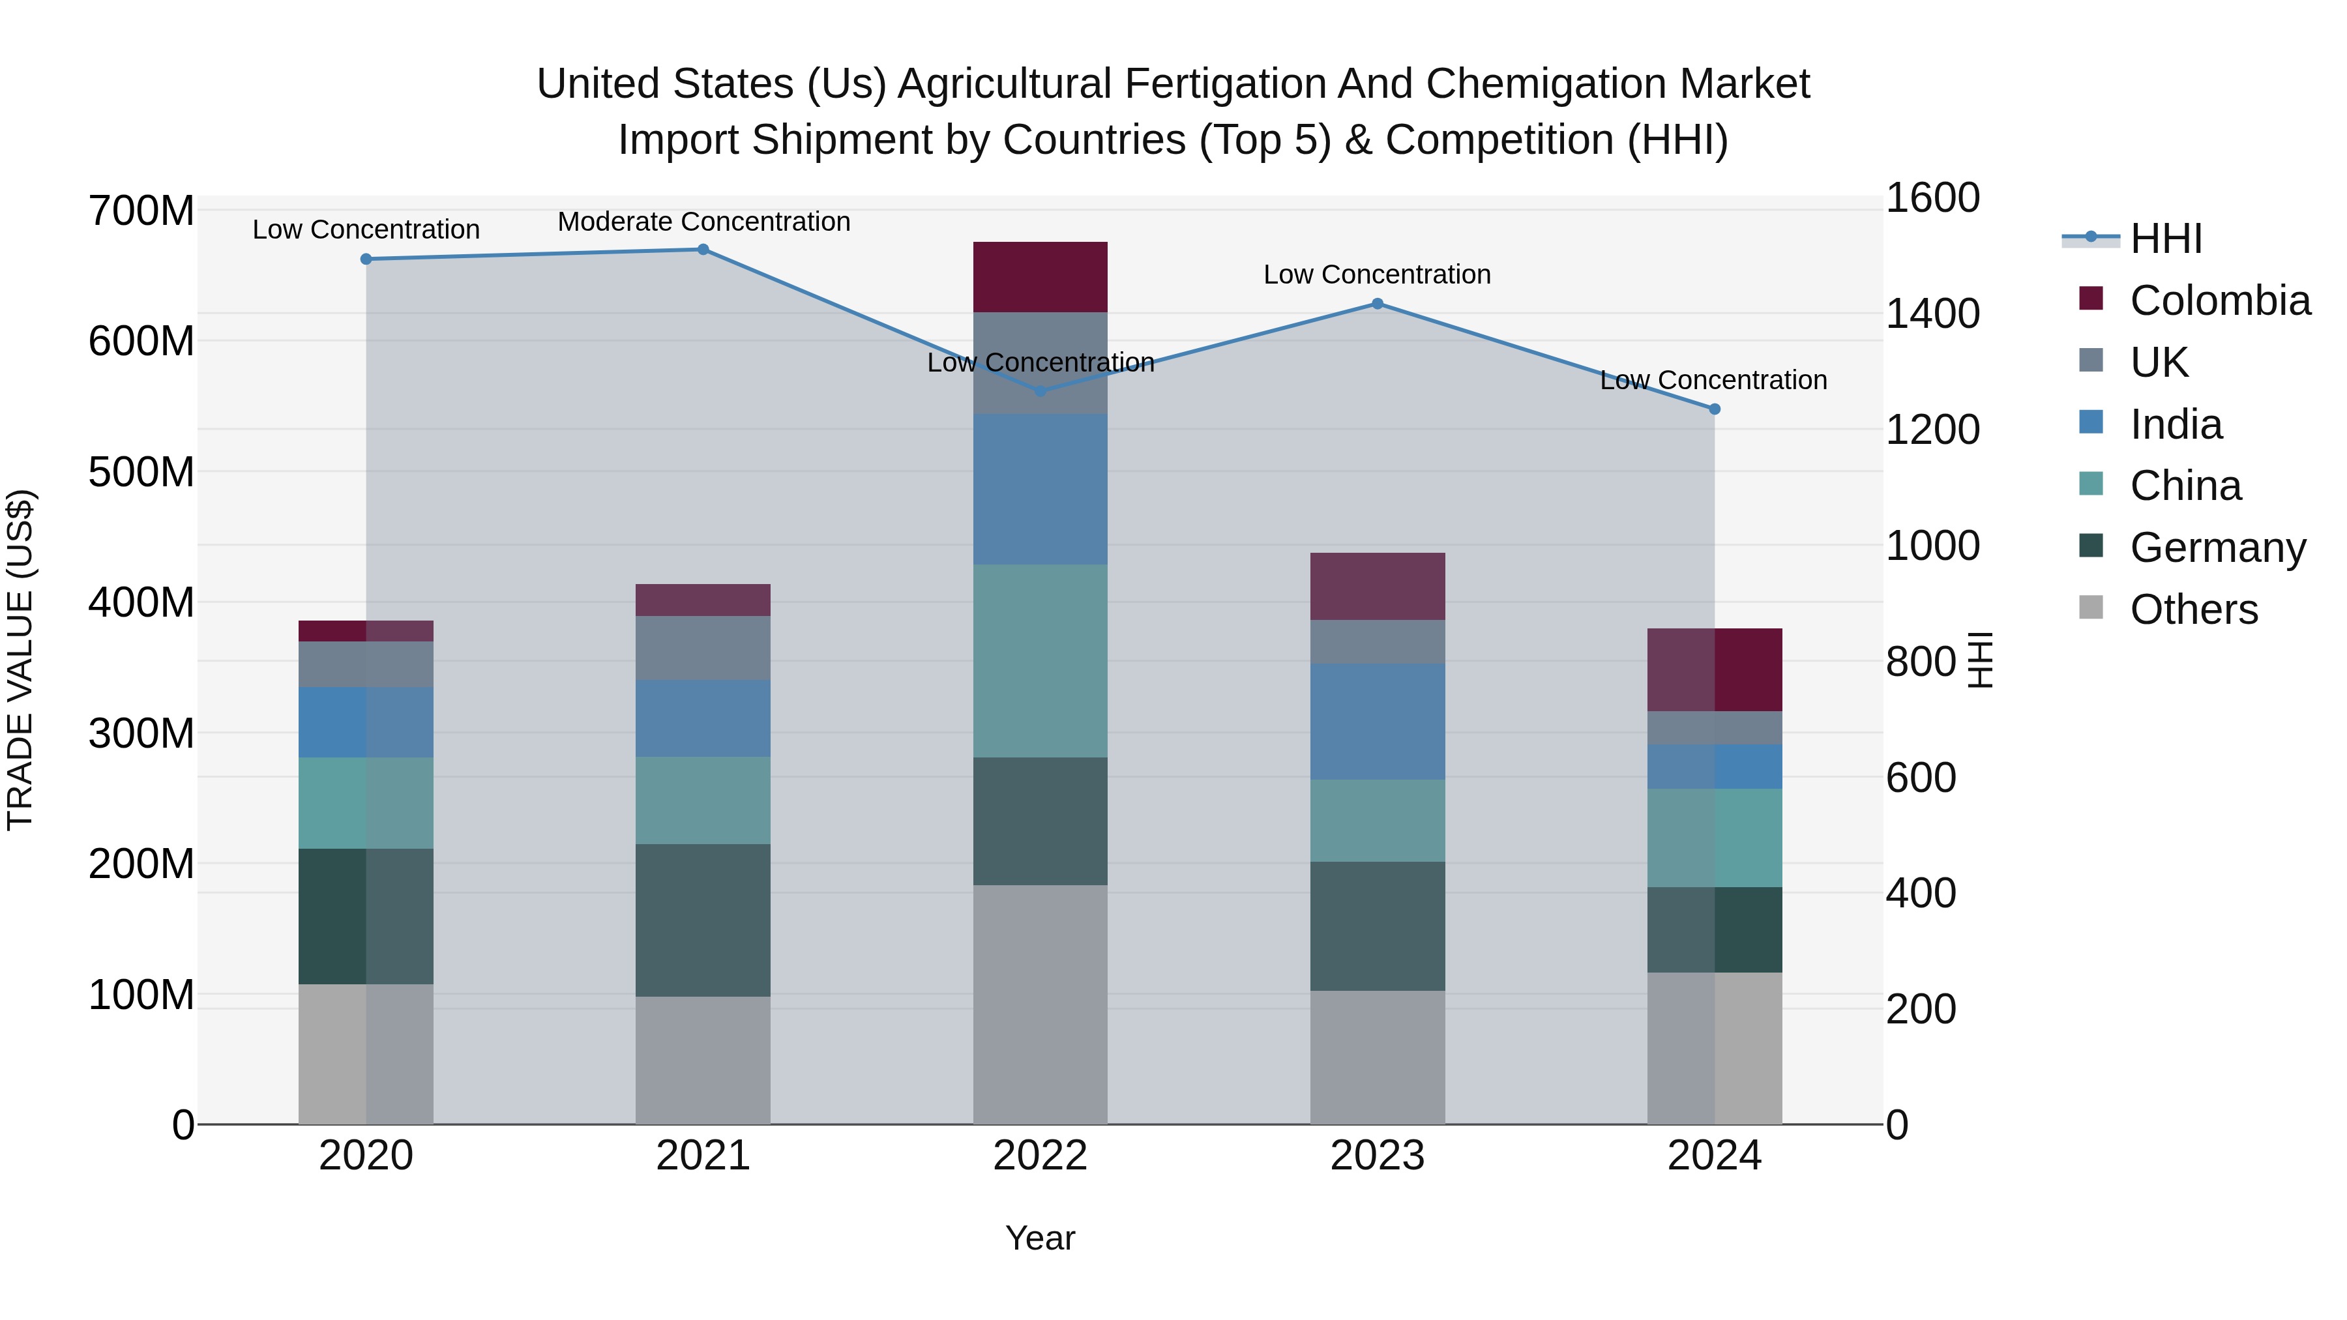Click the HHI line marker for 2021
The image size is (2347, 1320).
(702, 250)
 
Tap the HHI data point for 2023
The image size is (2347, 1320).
(1377, 304)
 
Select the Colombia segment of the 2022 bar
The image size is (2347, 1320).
(1040, 277)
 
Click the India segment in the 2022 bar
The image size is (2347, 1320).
(1040, 489)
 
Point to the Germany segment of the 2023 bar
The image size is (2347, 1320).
(1377, 926)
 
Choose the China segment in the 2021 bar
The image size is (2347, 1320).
(702, 800)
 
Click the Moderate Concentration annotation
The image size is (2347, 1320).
(703, 222)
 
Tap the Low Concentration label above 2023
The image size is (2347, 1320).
(1377, 275)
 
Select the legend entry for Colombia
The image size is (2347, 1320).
(2219, 301)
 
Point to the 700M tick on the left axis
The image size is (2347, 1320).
(140, 211)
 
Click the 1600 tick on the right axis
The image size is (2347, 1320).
(1932, 199)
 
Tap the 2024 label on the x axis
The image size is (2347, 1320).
(1714, 1156)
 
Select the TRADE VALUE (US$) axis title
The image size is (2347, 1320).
(20, 660)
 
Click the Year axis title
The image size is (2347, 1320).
(1040, 1238)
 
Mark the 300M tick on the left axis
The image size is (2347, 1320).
(140, 733)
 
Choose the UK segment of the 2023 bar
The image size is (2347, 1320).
(1377, 641)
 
